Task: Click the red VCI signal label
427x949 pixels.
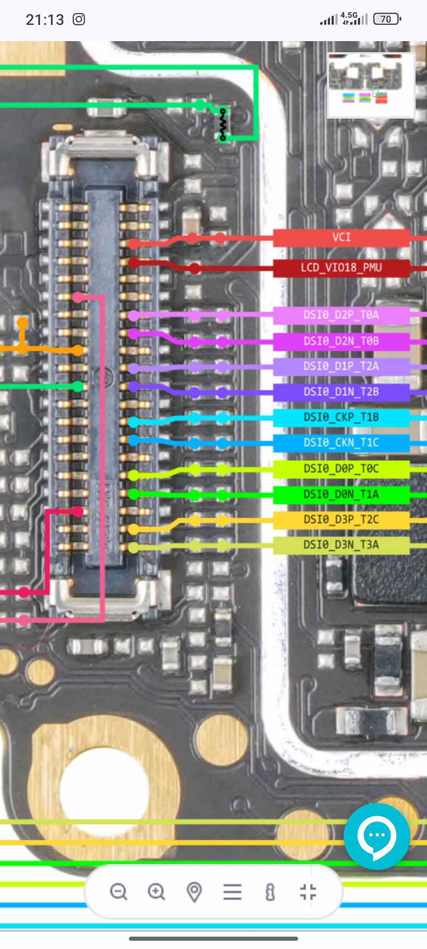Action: (x=341, y=238)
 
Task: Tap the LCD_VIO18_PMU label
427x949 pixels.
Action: (x=341, y=268)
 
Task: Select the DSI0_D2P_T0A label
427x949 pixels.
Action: (x=341, y=315)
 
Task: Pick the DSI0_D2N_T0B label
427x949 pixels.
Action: (x=341, y=341)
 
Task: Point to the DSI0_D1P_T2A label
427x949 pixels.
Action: (x=341, y=366)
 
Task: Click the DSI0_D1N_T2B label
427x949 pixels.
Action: (x=341, y=392)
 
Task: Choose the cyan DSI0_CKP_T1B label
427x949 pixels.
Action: (x=341, y=417)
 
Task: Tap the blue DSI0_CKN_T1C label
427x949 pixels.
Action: (x=341, y=442)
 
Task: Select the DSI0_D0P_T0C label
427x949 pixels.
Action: (x=341, y=469)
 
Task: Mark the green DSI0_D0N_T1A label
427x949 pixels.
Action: (x=341, y=494)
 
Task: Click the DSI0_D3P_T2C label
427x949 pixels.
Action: (x=341, y=520)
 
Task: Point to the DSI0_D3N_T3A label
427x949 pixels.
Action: (x=341, y=545)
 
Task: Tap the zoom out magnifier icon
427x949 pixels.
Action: (x=118, y=892)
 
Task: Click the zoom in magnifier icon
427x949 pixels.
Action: (x=156, y=892)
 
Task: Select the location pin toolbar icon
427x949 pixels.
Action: (x=194, y=892)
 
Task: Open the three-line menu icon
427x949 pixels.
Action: (x=232, y=892)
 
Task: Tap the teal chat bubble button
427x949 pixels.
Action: (x=376, y=836)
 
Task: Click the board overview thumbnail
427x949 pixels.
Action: (x=371, y=85)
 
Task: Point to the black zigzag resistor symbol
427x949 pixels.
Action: (x=223, y=124)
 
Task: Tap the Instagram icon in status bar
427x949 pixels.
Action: (x=79, y=19)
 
